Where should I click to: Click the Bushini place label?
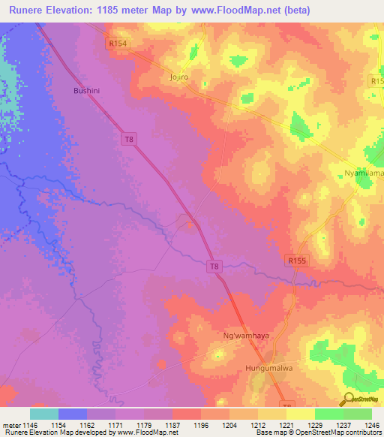pos(85,91)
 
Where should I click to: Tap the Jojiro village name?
pos(177,77)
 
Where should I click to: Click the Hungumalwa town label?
pos(266,369)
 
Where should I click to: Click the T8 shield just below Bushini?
pos(129,138)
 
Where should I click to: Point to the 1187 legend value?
pos(172,425)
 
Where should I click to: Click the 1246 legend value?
pos(371,425)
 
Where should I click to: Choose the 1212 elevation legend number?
pos(257,425)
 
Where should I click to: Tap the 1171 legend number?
pos(115,425)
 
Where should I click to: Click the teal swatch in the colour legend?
pos(44,414)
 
